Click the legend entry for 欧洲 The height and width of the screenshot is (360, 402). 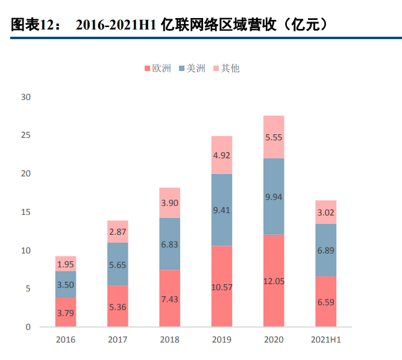point(158,69)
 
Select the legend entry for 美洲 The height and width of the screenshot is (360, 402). point(192,69)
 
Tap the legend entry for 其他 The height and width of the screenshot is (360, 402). point(225,69)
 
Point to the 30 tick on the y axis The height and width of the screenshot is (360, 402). point(25,97)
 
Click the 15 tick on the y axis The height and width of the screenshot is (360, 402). point(25,212)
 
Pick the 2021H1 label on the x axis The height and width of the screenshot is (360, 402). point(325,340)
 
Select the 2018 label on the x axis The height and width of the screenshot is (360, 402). point(169,340)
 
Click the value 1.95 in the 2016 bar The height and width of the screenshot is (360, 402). point(66,265)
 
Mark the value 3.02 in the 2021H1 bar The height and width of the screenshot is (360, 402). point(325,213)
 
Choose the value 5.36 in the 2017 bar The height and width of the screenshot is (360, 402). point(118,306)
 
